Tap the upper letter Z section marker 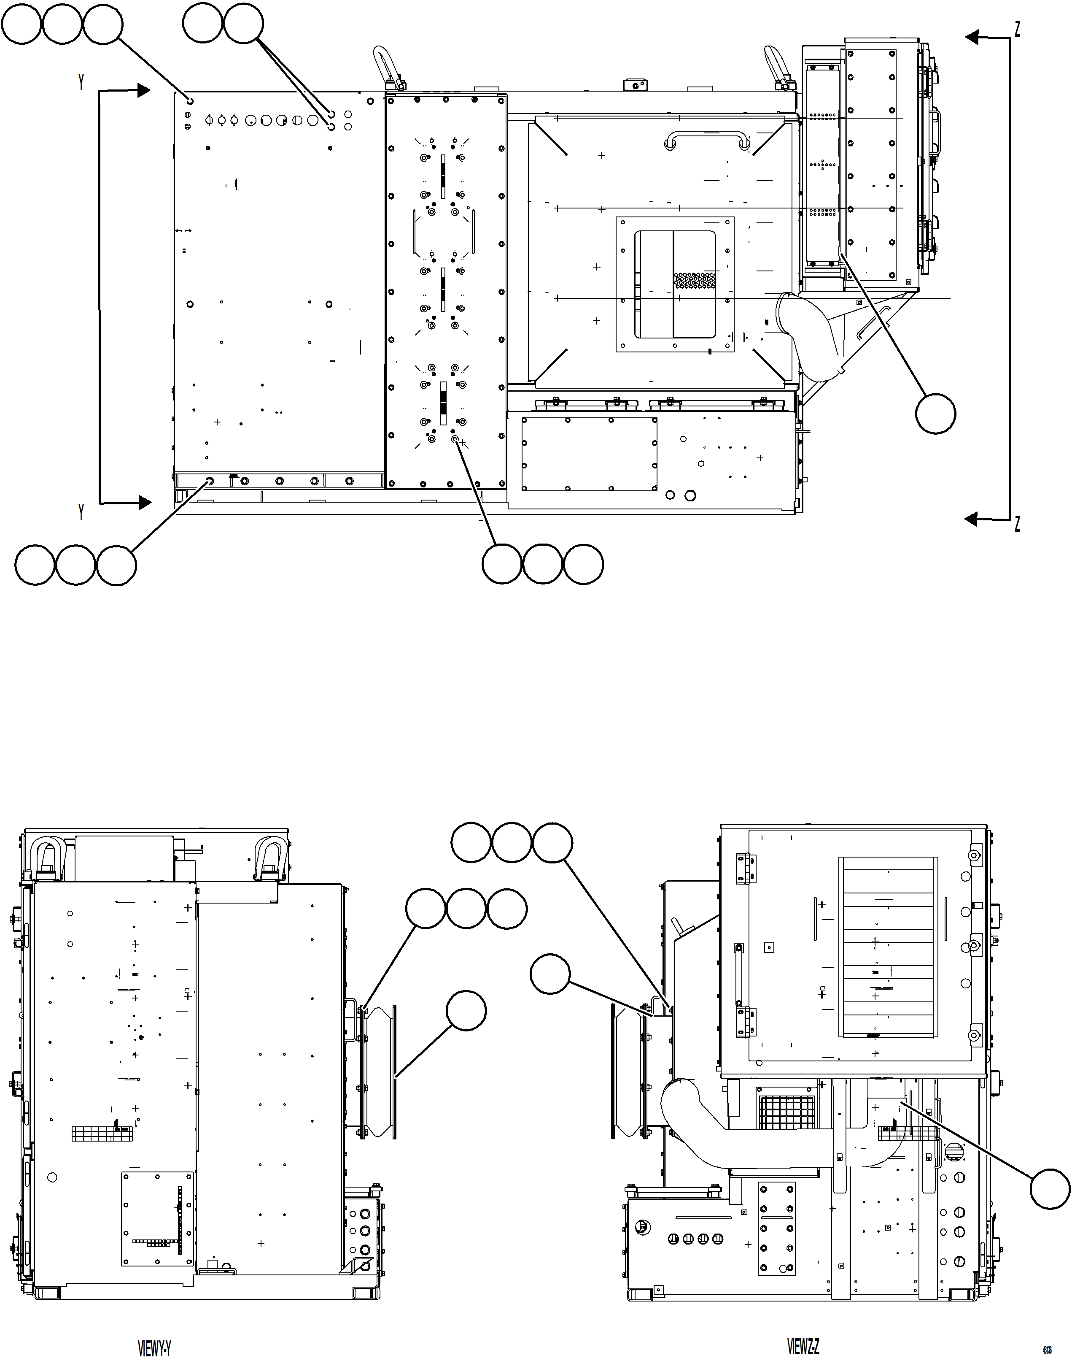click(1018, 29)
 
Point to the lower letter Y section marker click(81, 512)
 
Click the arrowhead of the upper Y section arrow click(144, 90)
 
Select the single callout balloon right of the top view click(935, 413)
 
